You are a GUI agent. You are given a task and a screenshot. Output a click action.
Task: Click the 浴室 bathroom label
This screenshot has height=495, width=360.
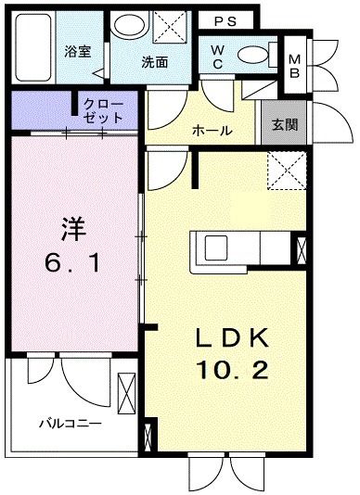tap(76, 52)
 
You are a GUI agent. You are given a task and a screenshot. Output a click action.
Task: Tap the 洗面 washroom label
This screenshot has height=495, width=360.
tap(154, 62)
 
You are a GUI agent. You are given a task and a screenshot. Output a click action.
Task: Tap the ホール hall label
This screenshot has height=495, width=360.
tap(212, 132)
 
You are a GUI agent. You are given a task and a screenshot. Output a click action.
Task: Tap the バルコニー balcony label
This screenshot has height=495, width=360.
tap(70, 425)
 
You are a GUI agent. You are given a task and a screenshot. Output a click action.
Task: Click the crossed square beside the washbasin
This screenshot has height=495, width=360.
tap(168, 26)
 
